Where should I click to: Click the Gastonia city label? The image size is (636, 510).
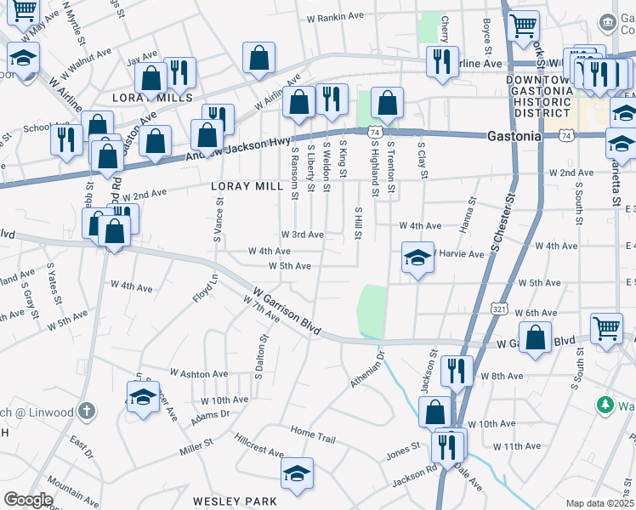tap(514, 135)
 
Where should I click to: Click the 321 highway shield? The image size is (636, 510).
tap(499, 310)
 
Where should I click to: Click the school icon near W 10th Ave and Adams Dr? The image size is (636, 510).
tap(143, 397)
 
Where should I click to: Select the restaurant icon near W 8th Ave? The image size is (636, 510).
tap(457, 371)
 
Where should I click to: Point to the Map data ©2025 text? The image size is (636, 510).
tap(600, 503)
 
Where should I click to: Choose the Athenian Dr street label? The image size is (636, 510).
tap(368, 369)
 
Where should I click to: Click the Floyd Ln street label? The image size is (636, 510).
tap(205, 288)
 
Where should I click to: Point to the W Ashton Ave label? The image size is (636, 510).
tap(199, 373)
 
